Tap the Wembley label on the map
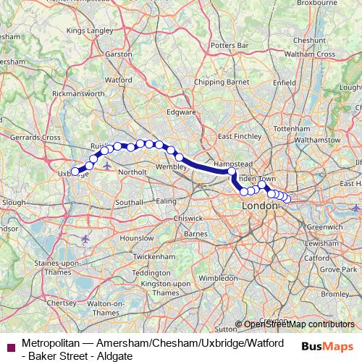coord(172,167)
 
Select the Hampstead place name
coord(232,164)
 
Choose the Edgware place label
coord(182,112)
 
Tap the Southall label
coord(129,201)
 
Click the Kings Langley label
coord(90,31)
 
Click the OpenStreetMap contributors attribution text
coord(298,324)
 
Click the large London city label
coord(261,206)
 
